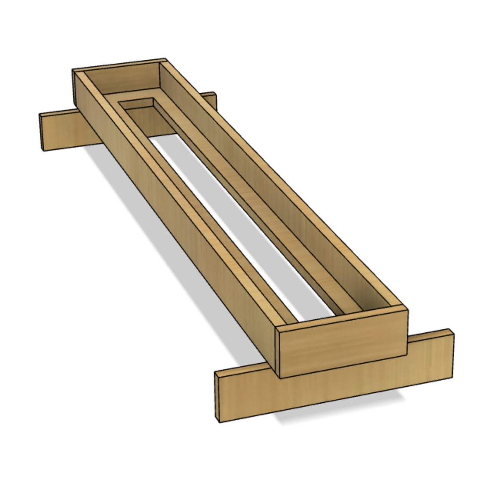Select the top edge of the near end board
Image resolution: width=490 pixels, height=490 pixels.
tap(342, 317)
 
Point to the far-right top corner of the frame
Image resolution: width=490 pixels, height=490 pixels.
tap(165, 60)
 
